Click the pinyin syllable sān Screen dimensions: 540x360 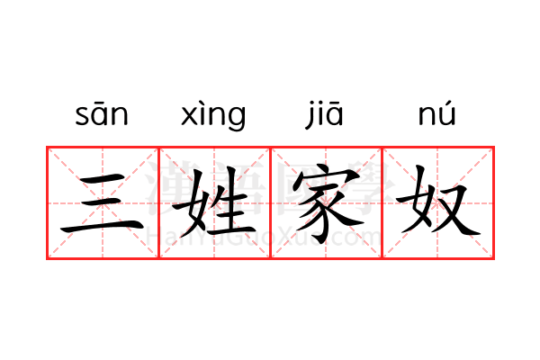[102, 114]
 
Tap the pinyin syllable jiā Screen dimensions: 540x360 [324, 114]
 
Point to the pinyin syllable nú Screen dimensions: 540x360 [436, 113]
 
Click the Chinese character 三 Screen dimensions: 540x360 [103, 202]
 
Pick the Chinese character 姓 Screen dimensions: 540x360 [214, 203]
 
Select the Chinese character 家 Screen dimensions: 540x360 [326, 203]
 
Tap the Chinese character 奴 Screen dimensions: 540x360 [437, 202]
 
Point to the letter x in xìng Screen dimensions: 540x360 [189, 115]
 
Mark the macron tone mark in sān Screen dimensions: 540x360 [101, 103]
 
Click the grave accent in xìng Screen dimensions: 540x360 [203, 103]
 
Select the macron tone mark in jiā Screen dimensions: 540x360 [334, 103]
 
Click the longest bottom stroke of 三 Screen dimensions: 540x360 [103, 228]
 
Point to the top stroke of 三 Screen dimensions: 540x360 [103, 178]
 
